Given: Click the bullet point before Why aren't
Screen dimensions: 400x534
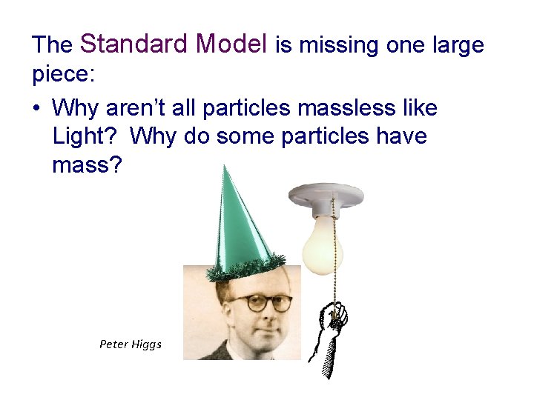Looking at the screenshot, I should (x=36, y=109).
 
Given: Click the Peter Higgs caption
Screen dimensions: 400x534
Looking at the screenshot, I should (x=131, y=344).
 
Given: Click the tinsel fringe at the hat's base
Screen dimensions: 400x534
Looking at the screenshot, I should (x=245, y=267).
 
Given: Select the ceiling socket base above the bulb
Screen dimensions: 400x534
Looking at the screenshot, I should (x=329, y=193).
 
